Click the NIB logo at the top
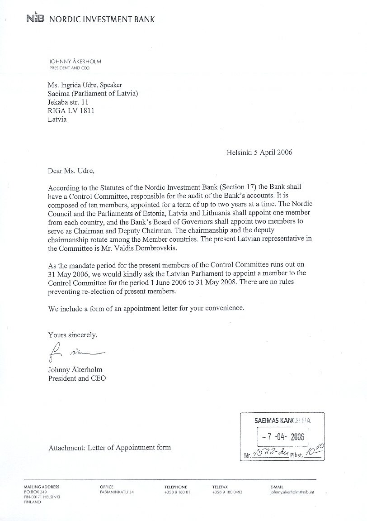[x=35, y=19]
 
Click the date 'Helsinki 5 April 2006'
[x=259, y=152]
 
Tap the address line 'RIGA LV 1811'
[x=71, y=111]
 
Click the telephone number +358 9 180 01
[x=177, y=492]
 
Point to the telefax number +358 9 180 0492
[x=227, y=492]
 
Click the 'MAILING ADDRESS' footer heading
[x=41, y=487]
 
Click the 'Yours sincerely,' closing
[x=73, y=335]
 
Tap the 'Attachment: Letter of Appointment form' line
[x=110, y=448]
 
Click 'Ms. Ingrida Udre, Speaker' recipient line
[x=85, y=85]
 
